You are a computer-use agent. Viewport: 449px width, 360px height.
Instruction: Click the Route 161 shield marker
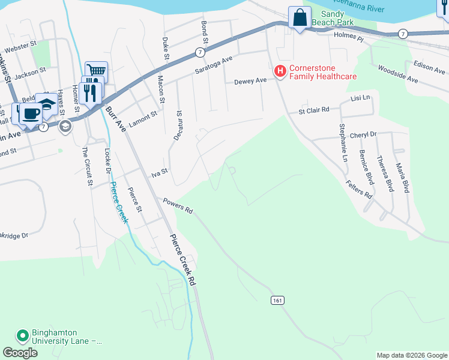[277, 299]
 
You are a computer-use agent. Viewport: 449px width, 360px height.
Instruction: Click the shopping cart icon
[95, 71]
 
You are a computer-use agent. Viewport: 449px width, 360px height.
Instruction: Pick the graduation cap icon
[46, 103]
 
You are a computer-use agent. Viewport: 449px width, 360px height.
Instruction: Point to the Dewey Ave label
[250, 81]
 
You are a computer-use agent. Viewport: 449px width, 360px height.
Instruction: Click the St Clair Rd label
[315, 110]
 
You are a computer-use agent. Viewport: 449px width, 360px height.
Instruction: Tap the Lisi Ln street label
[361, 97]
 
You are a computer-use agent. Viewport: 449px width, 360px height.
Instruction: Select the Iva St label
[158, 174]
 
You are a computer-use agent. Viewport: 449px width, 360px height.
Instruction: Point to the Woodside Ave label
[398, 74]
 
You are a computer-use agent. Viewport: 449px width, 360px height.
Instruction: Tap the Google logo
[20, 353]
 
